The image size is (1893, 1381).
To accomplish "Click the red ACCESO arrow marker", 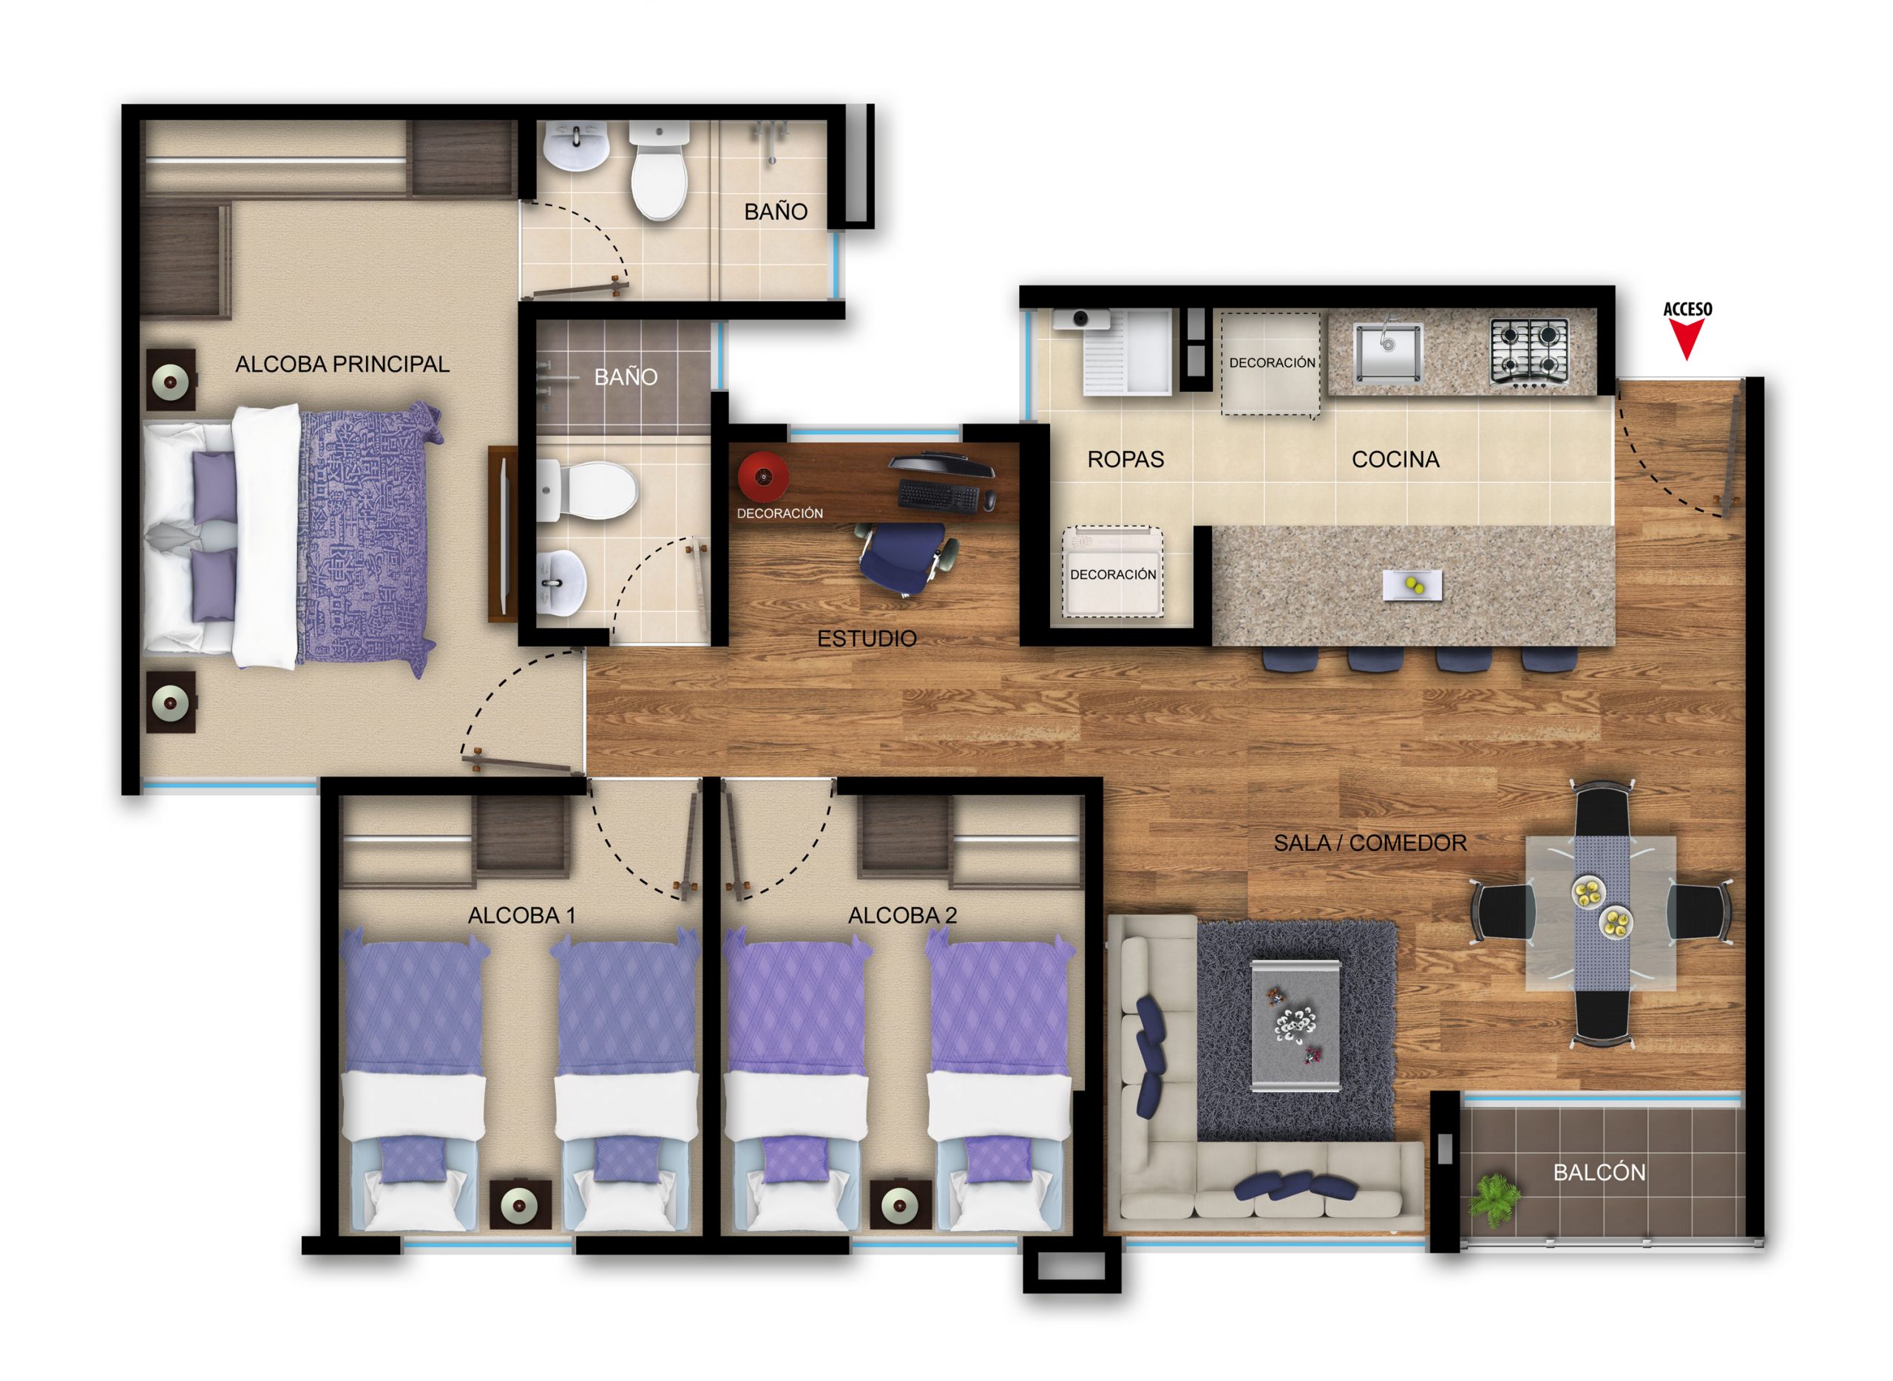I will [1687, 339].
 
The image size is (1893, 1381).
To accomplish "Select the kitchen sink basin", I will [1387, 352].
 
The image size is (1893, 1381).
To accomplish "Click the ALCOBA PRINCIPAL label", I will [342, 364].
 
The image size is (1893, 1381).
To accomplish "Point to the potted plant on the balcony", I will [1494, 1201].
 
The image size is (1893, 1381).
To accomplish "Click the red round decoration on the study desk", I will [763, 478].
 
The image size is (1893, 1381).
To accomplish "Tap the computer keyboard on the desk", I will [938, 497].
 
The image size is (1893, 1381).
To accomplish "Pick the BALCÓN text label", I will [1599, 1173].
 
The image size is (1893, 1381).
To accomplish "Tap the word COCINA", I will [1395, 459].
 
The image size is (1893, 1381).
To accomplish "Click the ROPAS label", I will [1125, 459].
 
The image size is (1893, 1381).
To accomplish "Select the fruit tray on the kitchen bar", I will [1412, 586].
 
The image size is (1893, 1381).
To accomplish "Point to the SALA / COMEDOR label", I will [1369, 843].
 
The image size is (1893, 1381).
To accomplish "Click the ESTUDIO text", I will [866, 639].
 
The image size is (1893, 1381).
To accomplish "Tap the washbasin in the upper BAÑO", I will [576, 146].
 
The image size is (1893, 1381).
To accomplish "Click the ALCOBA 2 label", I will [902, 915].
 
